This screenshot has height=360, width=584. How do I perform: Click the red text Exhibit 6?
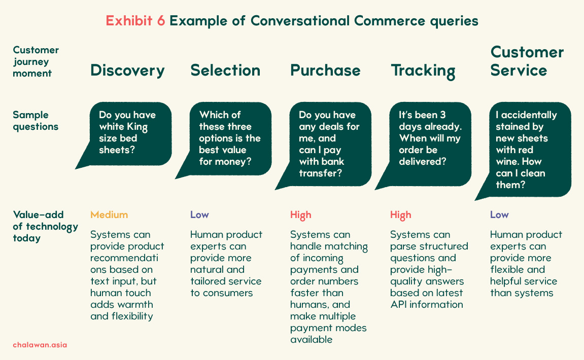[x=135, y=21]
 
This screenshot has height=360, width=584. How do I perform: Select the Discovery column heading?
[x=127, y=71]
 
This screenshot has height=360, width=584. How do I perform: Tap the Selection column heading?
[x=225, y=70]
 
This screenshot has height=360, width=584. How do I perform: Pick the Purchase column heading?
[x=326, y=70]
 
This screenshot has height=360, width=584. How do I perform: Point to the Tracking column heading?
[x=423, y=71]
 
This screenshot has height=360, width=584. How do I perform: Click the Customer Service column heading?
[x=527, y=61]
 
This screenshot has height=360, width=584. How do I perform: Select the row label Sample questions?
[x=36, y=121]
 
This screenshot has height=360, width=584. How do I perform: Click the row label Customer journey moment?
[x=36, y=62]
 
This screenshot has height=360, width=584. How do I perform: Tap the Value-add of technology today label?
[x=46, y=226]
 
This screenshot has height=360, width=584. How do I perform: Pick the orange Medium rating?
[x=109, y=215]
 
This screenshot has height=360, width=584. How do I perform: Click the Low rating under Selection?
[x=199, y=215]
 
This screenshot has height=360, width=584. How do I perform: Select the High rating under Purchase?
[x=300, y=215]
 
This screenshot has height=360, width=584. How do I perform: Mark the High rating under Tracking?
[x=401, y=215]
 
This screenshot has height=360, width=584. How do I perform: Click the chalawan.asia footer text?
[x=40, y=345]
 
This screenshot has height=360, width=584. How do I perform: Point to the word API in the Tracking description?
[x=398, y=305]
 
